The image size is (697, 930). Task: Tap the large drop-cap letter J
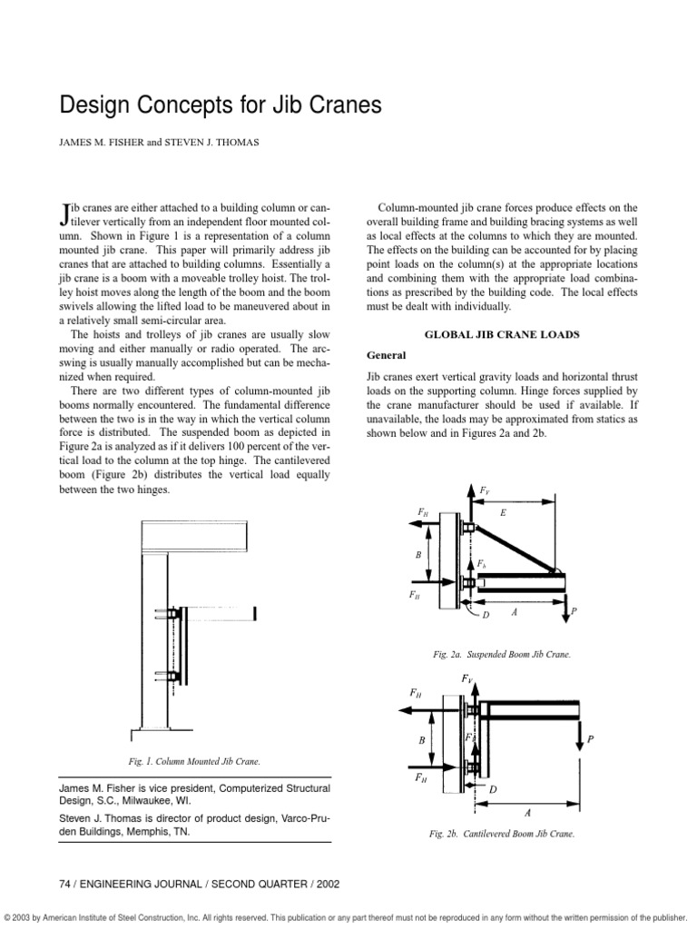click(x=64, y=213)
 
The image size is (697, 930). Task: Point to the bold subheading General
click(x=386, y=354)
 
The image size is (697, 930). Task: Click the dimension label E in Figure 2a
click(x=504, y=513)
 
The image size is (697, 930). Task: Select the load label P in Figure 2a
click(x=573, y=613)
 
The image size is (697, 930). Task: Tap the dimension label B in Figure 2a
click(x=419, y=553)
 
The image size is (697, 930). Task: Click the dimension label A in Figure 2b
click(x=530, y=813)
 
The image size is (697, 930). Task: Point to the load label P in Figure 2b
click(x=591, y=739)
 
